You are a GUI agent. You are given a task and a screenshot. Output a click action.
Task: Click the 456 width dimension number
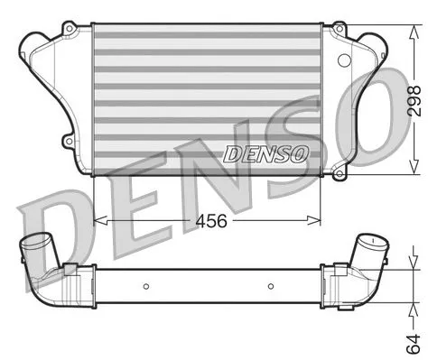(208, 219)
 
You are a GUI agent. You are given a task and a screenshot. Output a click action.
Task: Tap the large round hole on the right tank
(341, 60)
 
